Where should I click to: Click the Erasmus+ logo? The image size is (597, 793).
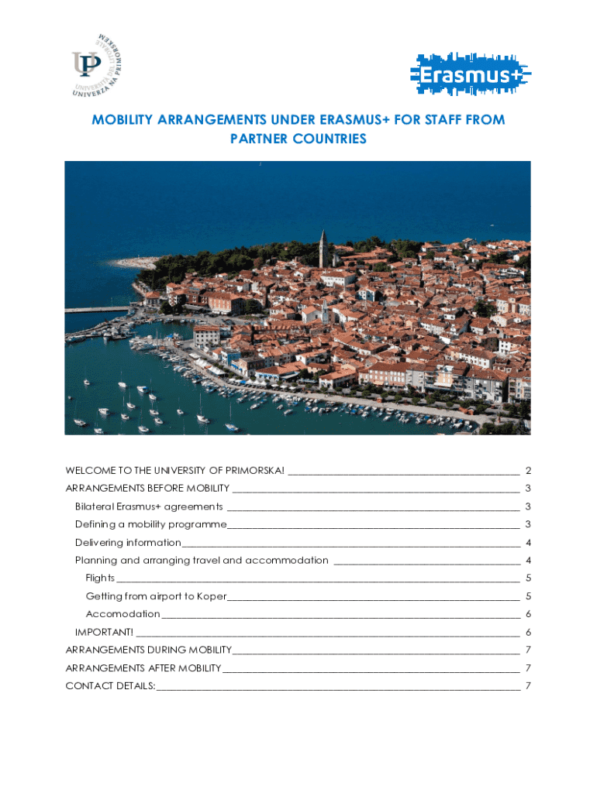[470, 75]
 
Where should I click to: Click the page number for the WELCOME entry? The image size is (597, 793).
[528, 471]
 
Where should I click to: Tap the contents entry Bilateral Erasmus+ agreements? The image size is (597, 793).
[148, 506]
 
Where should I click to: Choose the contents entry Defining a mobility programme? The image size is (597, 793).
[150, 524]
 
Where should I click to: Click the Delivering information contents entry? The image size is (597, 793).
[128, 543]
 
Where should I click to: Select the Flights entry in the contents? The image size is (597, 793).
[100, 578]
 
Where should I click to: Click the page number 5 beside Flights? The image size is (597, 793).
[528, 578]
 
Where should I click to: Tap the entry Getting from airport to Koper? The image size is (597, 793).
[156, 596]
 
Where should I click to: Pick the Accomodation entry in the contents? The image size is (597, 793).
[123, 614]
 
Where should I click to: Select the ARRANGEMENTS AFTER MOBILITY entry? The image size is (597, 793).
[143, 668]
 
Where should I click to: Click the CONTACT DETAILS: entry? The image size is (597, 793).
[110, 686]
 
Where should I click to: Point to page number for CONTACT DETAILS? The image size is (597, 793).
[528, 686]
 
